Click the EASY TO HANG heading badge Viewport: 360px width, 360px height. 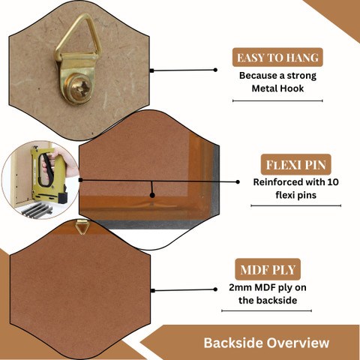tap(277, 57)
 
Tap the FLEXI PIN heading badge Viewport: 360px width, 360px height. tap(296, 164)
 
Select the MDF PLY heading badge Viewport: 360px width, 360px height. tap(268, 269)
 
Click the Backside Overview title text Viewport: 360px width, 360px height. tap(266, 343)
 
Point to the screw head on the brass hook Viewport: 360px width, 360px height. tap(79, 87)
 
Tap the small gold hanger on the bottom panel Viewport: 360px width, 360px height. tap(82, 227)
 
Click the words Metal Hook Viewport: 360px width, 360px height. tap(277, 88)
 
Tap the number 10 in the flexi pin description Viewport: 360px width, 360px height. tap(333, 181)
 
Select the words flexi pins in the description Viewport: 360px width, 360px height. tap(296, 195)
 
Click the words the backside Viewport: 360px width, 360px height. tap(268, 300)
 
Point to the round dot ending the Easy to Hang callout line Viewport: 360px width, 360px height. tap(215, 70)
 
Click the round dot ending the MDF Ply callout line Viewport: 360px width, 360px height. tap(215, 289)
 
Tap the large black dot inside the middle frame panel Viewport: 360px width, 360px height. tap(152, 195)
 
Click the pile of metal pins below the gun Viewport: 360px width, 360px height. tap(37, 210)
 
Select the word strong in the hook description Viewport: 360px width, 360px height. tap(301, 76)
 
